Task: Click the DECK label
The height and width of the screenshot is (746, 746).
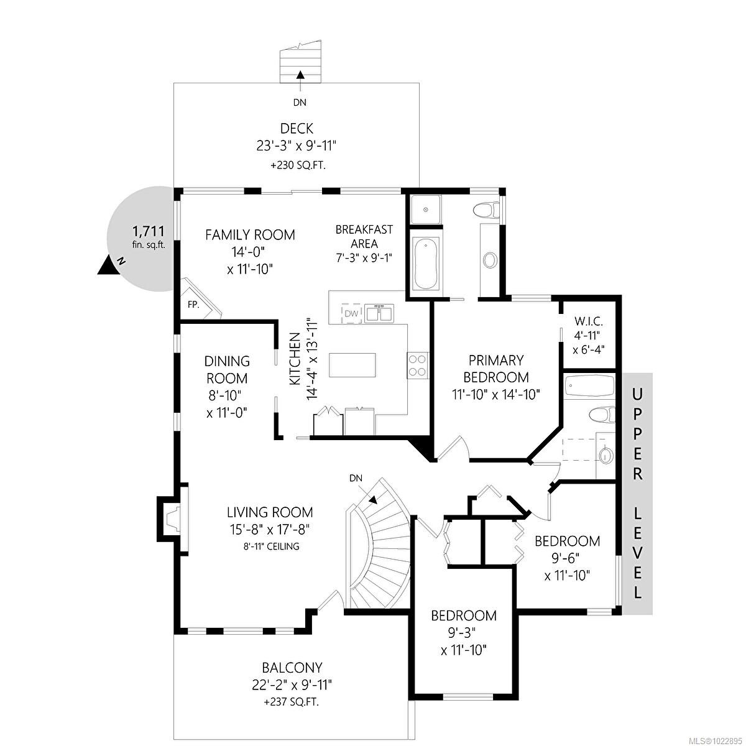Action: coord(297,129)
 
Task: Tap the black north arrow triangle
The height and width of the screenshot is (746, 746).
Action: coord(109,265)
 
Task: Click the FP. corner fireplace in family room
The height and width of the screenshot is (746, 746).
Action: coord(196,304)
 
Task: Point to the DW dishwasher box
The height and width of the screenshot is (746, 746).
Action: coord(351,313)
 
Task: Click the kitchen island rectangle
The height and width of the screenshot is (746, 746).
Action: coord(352,364)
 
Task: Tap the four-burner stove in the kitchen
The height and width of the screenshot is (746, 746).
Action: coord(417,364)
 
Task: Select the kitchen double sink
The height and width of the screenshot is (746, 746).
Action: coord(379,313)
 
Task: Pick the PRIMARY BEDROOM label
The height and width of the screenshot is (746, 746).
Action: coord(496,368)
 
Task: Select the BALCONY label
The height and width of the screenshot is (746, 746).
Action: coord(292,668)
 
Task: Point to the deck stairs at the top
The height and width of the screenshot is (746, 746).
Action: coord(301,62)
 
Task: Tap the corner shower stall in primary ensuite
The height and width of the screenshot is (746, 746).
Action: coord(426,210)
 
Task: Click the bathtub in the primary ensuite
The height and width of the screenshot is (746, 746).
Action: coord(426,263)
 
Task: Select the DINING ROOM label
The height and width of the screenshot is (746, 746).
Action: coord(227,369)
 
